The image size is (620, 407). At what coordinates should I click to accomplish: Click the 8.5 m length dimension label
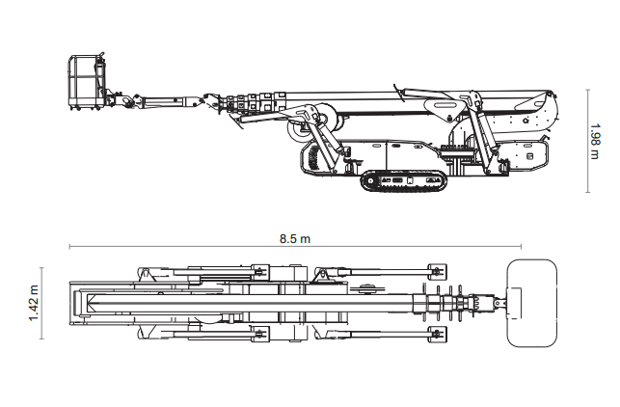(x=295, y=239)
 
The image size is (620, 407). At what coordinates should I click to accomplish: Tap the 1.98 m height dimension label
(x=594, y=141)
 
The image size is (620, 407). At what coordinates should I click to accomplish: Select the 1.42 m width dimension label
(x=34, y=303)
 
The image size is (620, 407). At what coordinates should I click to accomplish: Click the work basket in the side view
(x=87, y=82)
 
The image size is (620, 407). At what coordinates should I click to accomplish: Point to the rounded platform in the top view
(x=532, y=303)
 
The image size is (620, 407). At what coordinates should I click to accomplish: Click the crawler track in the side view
(x=403, y=181)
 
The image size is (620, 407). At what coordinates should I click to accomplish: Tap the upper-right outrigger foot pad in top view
(x=438, y=271)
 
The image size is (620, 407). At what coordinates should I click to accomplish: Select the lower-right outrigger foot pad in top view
(x=438, y=335)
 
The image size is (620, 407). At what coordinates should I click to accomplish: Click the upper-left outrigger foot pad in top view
(x=260, y=271)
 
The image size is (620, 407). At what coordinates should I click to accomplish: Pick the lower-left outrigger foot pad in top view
(x=260, y=335)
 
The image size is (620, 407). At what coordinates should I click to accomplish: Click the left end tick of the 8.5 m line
(x=69, y=246)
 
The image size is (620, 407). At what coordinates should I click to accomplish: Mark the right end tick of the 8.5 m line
(x=521, y=246)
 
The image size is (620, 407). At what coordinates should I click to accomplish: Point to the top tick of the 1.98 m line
(x=587, y=91)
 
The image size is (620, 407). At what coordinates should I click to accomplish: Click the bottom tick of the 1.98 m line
(x=587, y=193)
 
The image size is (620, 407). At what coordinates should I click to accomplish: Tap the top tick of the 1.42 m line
(x=41, y=268)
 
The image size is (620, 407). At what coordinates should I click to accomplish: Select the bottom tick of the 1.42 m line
(x=41, y=339)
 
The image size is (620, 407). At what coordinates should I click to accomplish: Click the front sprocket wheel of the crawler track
(x=370, y=181)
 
